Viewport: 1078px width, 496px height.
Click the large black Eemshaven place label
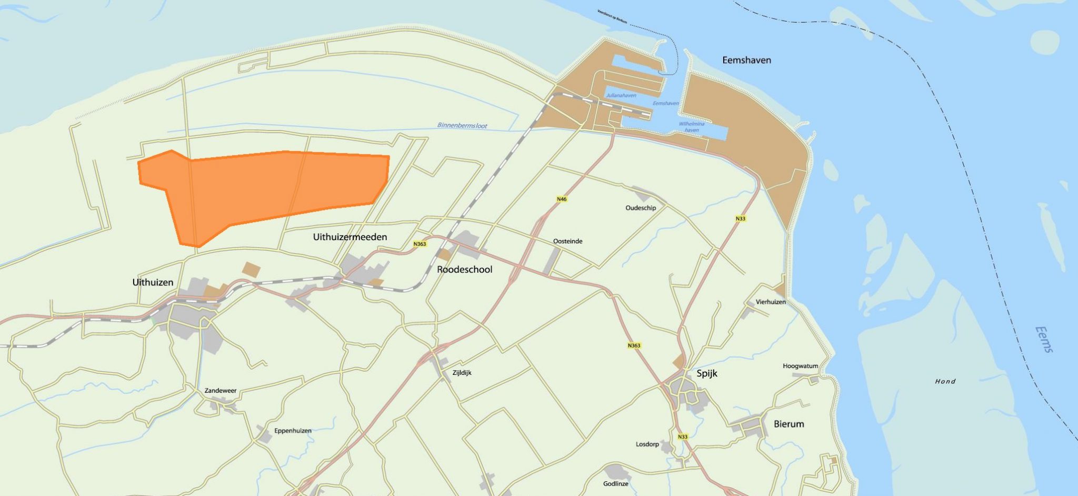coord(746,60)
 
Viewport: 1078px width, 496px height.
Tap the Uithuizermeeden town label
coord(350,237)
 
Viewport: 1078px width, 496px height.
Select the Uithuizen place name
coord(153,282)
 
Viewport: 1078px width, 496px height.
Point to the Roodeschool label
coord(465,270)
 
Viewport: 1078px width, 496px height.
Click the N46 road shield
coord(562,199)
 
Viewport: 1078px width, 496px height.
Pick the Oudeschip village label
coord(641,208)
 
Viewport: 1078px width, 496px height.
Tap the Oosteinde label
coord(567,241)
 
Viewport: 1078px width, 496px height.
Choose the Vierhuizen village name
coord(771,302)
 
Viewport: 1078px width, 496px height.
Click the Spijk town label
coord(706,373)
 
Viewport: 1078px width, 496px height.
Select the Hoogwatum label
coord(800,366)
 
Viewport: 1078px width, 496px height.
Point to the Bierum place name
coord(788,424)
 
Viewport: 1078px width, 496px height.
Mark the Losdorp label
coord(647,444)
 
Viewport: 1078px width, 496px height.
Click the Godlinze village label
coord(615,484)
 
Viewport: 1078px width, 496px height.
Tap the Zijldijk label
coord(462,373)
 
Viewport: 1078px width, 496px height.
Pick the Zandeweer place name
coord(221,391)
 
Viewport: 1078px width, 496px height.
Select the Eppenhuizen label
coord(293,431)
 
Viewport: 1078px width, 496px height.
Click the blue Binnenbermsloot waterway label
coord(462,126)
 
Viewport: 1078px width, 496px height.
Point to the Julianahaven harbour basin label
coord(621,96)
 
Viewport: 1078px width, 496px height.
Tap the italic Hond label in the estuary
coord(945,381)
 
